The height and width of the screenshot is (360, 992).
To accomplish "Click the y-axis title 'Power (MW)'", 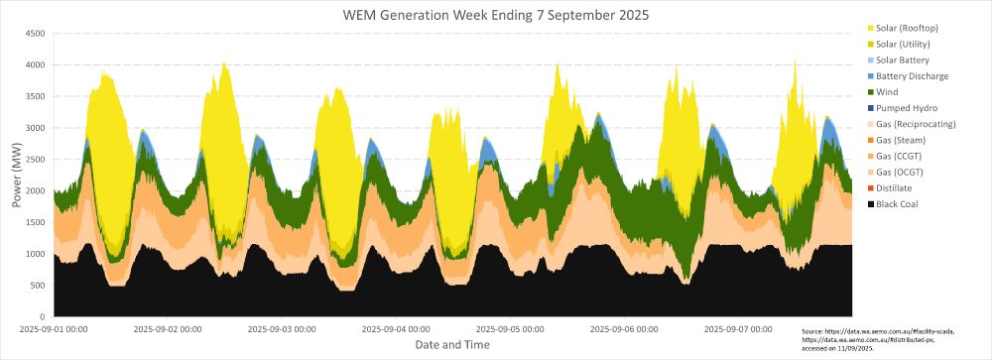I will (17, 175).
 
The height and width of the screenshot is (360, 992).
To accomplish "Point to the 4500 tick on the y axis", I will (37, 33).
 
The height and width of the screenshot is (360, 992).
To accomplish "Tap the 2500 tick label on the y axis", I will (37, 160).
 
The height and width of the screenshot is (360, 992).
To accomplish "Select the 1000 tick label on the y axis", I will (37, 254).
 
